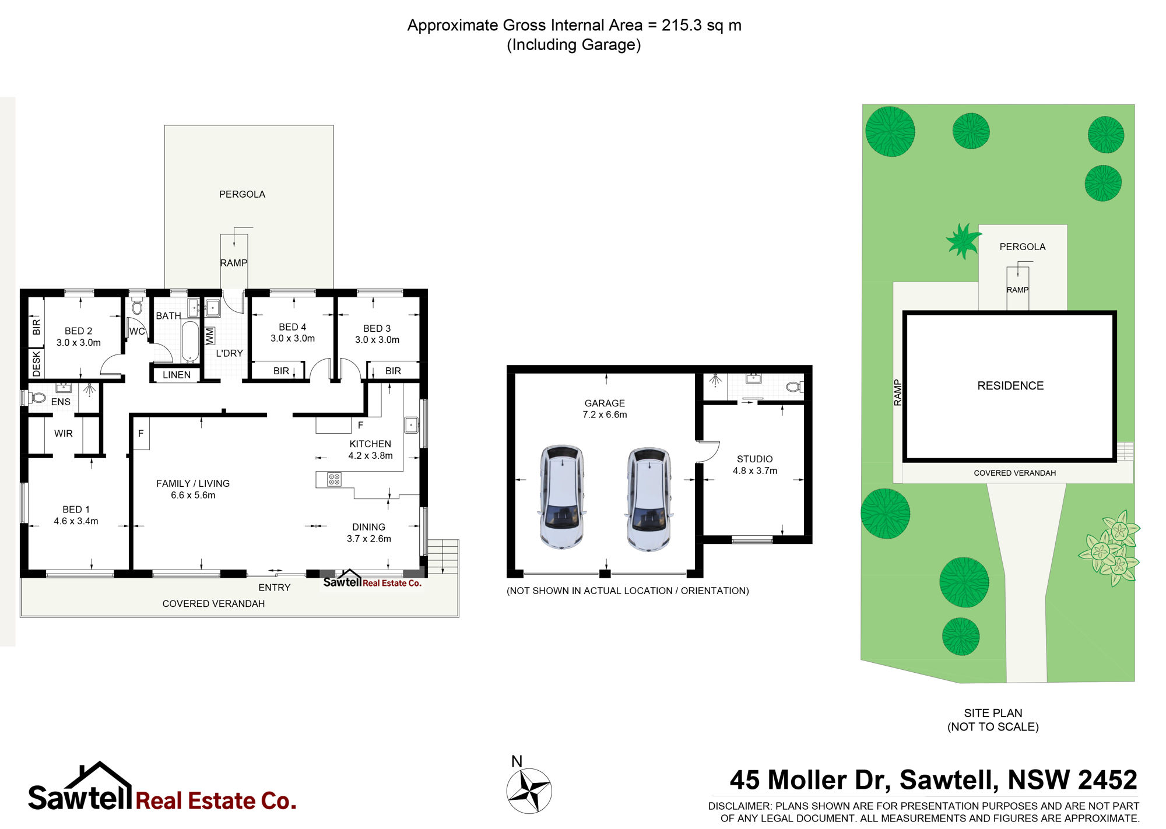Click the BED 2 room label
79,331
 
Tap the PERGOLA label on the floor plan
242,195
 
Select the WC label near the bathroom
137,331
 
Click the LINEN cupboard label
177,375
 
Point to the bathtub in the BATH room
189,342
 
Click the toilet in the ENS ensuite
38,398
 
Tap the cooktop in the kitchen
334,479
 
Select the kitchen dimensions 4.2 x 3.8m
370,456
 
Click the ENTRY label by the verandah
275,588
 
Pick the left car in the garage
561,497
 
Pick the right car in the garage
649,499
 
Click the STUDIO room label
755,459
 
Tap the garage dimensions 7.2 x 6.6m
605,415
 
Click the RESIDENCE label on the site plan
1010,386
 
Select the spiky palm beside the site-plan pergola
963,240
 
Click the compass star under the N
529,791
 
